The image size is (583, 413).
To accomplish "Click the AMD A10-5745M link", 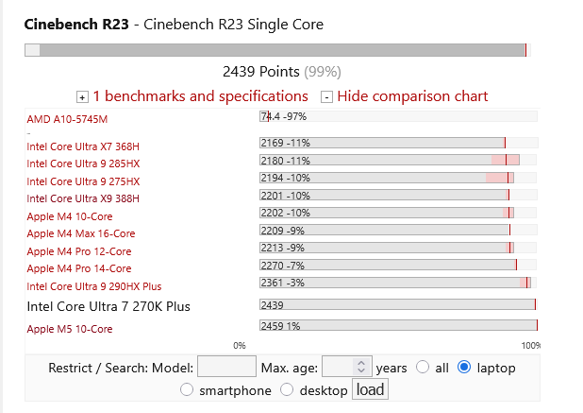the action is click(67, 119).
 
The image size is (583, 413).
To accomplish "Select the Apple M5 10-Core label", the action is click(70, 329).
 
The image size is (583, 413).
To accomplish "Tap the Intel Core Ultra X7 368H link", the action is click(83, 146).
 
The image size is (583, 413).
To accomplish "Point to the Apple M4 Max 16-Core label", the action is click(81, 233).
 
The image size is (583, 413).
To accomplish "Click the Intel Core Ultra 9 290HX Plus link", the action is click(94, 286).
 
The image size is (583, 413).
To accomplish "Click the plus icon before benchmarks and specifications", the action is click(82, 97).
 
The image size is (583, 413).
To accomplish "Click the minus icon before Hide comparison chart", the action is click(326, 97).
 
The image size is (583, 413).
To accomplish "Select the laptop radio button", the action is click(464, 368).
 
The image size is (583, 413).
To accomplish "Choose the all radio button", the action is click(423, 368).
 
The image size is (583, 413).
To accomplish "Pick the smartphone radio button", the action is click(186, 390).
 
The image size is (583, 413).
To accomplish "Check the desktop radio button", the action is click(287, 390).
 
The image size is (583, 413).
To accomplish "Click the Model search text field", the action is click(226, 367).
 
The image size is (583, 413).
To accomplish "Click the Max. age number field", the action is click(347, 367).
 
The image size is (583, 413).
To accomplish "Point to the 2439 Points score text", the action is click(261, 72).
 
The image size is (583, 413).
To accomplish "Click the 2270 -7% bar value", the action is click(283, 266).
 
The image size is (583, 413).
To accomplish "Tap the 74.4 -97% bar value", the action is click(284, 116).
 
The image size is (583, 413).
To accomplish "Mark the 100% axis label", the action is click(530, 346).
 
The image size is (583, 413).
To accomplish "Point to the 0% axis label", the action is click(240, 346).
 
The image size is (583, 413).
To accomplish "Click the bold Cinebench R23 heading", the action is click(76, 25).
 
